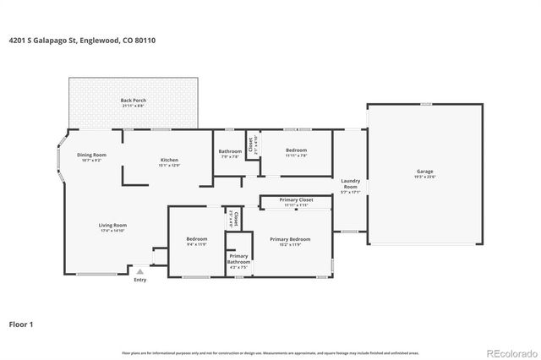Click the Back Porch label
click(x=134, y=101)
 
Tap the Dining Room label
click(x=91, y=155)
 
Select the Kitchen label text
click(x=170, y=160)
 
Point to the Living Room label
click(x=112, y=225)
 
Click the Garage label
click(x=424, y=172)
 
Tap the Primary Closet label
click(x=296, y=200)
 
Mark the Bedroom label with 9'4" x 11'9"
click(x=196, y=239)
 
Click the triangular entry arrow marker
click(x=140, y=271)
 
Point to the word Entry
click(x=140, y=281)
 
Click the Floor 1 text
click(x=21, y=324)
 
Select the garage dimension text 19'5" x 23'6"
click(x=424, y=177)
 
